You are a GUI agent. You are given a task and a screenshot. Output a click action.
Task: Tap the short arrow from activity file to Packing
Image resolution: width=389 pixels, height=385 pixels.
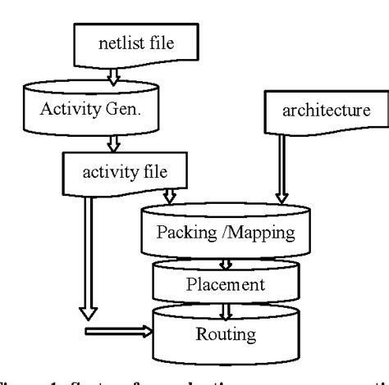point(170,197)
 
